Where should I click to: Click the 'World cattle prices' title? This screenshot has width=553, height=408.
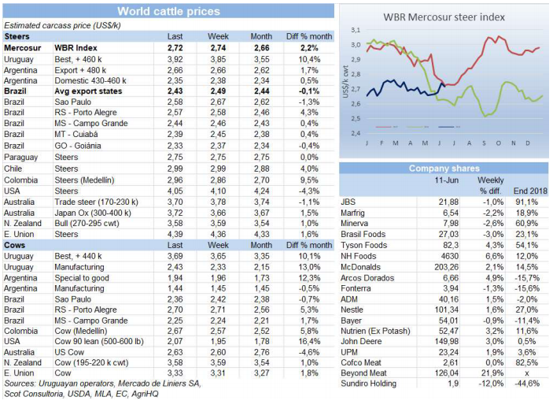(168, 11)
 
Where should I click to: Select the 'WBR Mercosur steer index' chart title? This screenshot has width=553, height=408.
(444, 17)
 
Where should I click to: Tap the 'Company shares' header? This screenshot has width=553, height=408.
(444, 169)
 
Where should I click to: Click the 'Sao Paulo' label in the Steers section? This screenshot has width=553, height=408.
(72, 102)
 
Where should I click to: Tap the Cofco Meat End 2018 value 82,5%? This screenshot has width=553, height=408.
(528, 361)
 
